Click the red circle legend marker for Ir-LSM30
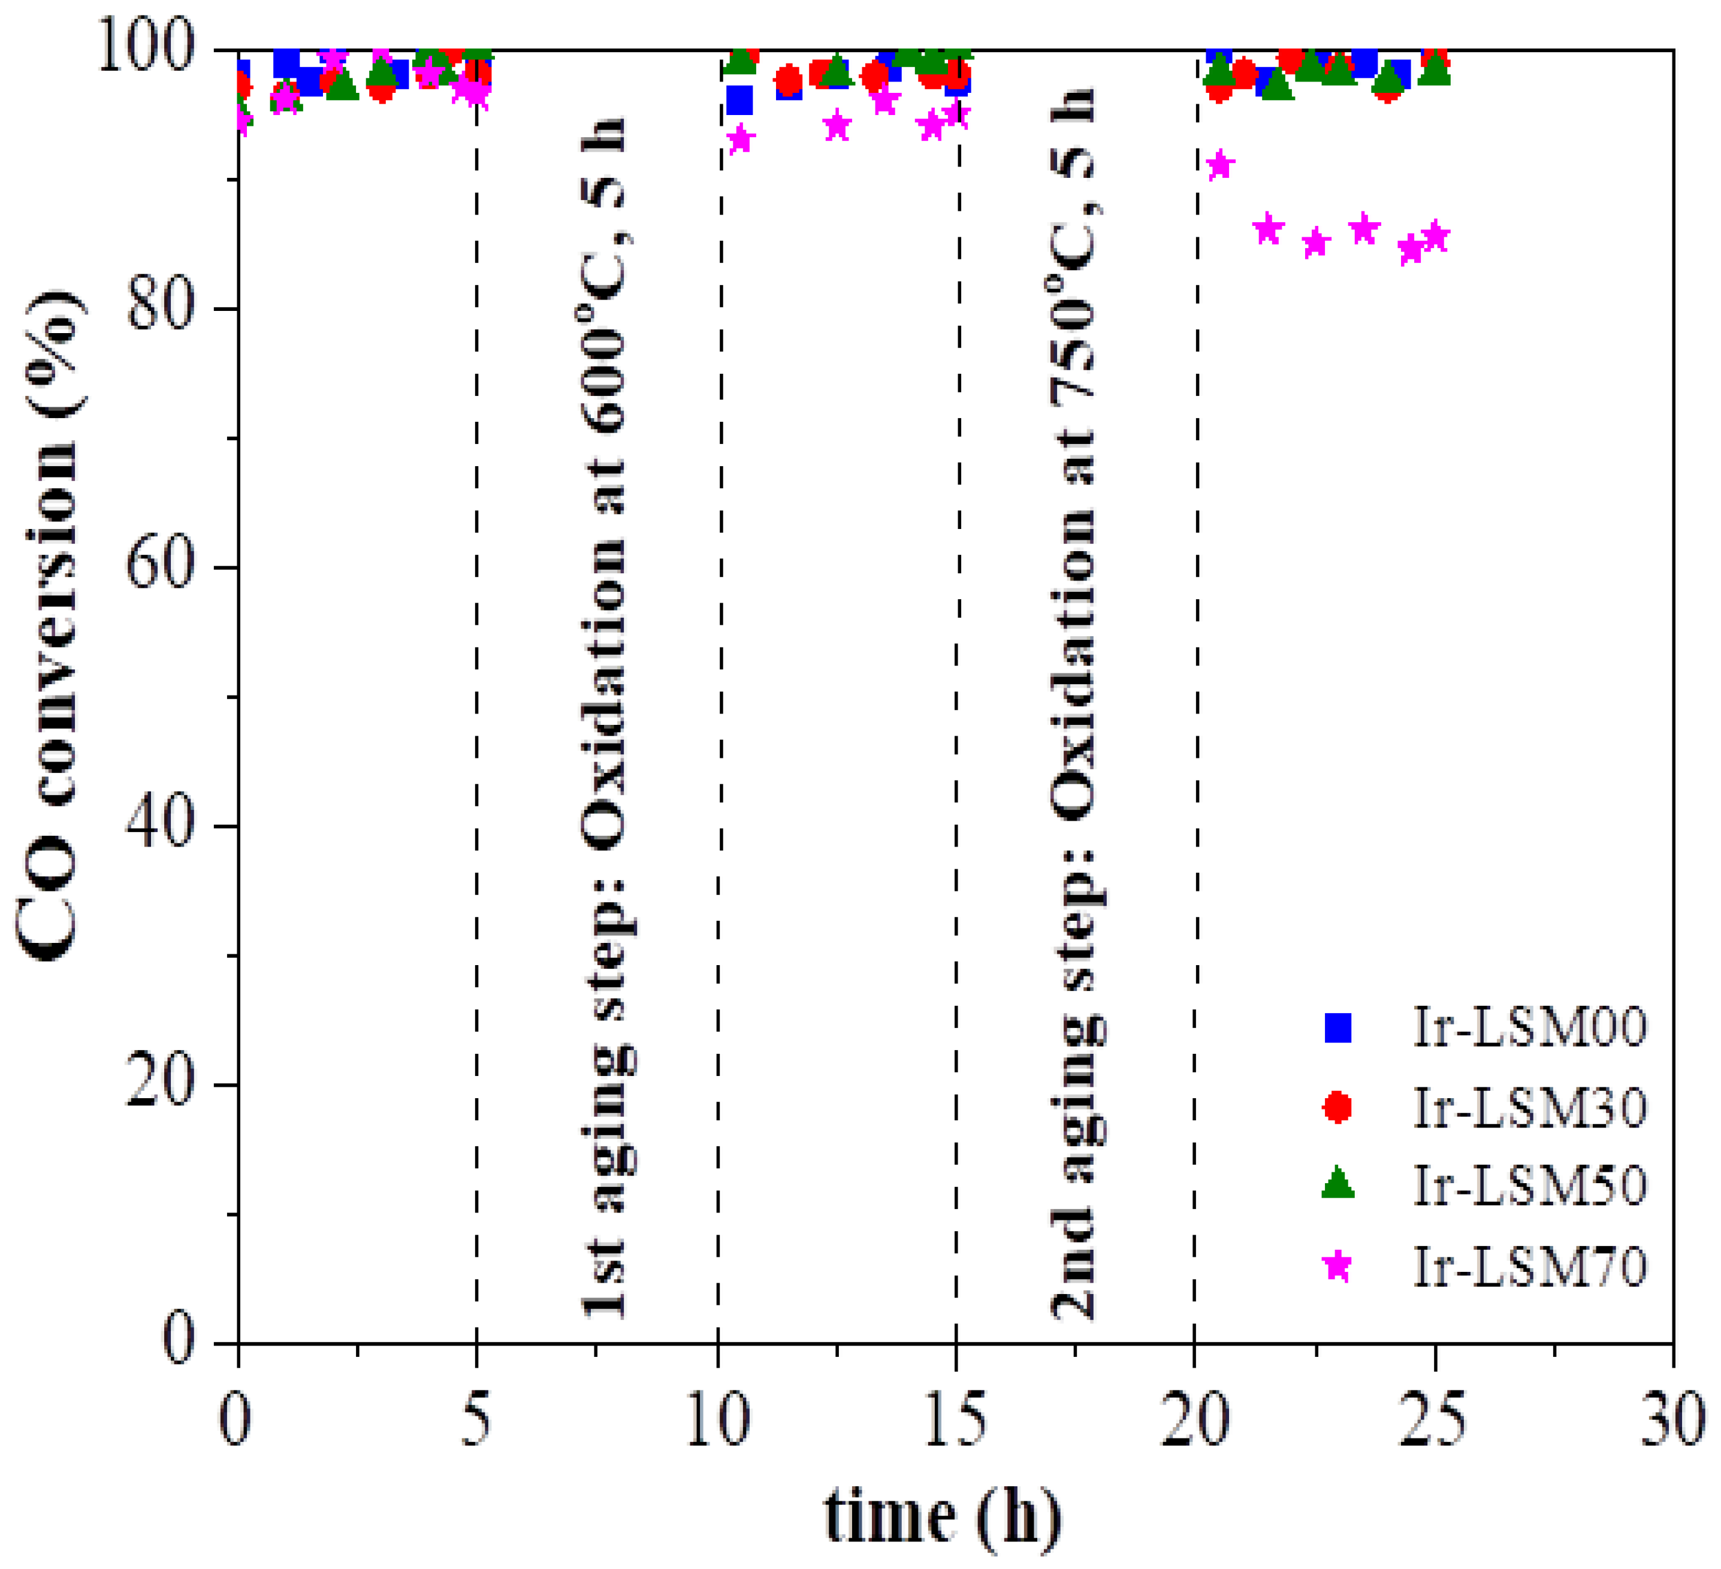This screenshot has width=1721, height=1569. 1337,1107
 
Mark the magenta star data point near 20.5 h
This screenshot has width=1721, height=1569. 1221,165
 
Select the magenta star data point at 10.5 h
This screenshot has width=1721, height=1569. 740,139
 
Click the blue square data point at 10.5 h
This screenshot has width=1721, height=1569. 739,101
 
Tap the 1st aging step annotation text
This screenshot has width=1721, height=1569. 605,717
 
